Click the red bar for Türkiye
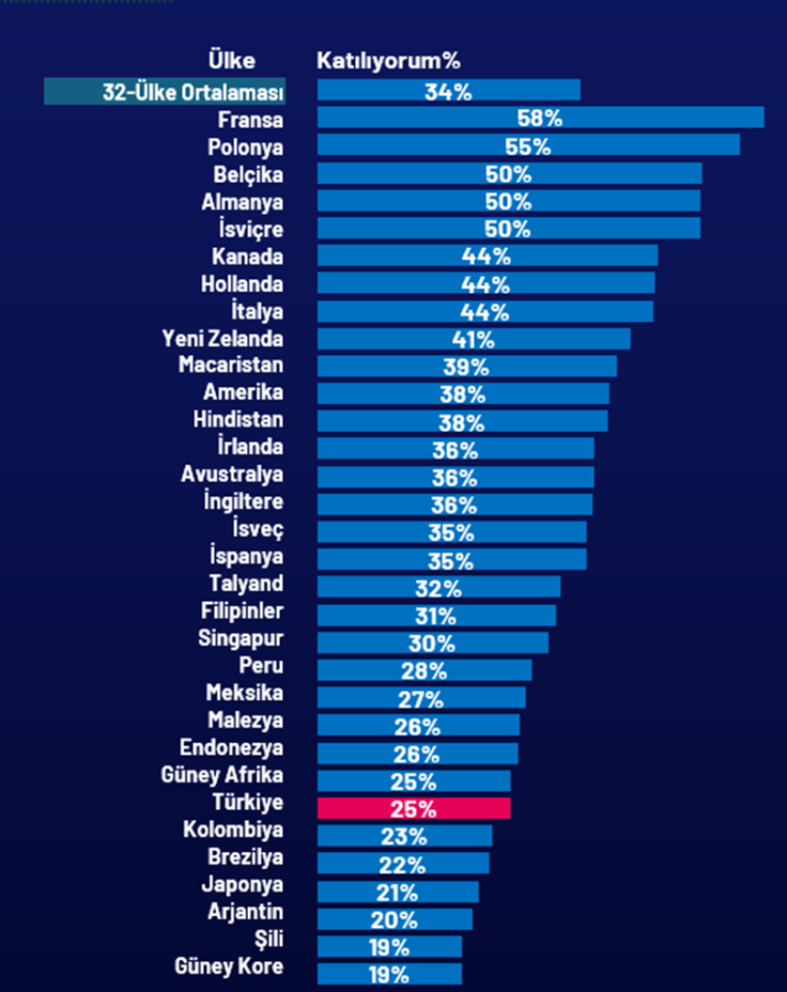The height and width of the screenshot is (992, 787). [414, 809]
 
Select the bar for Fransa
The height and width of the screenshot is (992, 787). [540, 118]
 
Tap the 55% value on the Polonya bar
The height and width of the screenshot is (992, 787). [528, 146]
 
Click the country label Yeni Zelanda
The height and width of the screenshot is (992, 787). [222, 339]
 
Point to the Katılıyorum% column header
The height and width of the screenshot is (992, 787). [388, 61]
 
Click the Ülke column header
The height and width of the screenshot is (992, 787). [232, 61]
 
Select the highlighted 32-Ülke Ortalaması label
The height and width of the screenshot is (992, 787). [165, 92]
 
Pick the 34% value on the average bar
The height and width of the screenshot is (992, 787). [448, 92]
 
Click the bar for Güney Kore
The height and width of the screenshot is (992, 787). [390, 973]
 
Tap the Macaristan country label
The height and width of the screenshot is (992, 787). [231, 365]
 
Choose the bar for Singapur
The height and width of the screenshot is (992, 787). [433, 642]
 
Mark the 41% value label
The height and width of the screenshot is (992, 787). [473, 340]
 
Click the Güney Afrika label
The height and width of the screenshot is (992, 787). [221, 775]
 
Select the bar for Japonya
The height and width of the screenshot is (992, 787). [397, 891]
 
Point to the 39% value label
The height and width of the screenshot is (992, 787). [467, 367]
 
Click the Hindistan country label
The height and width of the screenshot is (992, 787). [238, 420]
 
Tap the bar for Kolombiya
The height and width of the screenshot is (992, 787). [404, 836]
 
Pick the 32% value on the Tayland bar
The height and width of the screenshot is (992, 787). [438, 588]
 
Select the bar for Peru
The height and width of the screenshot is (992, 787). [425, 670]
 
